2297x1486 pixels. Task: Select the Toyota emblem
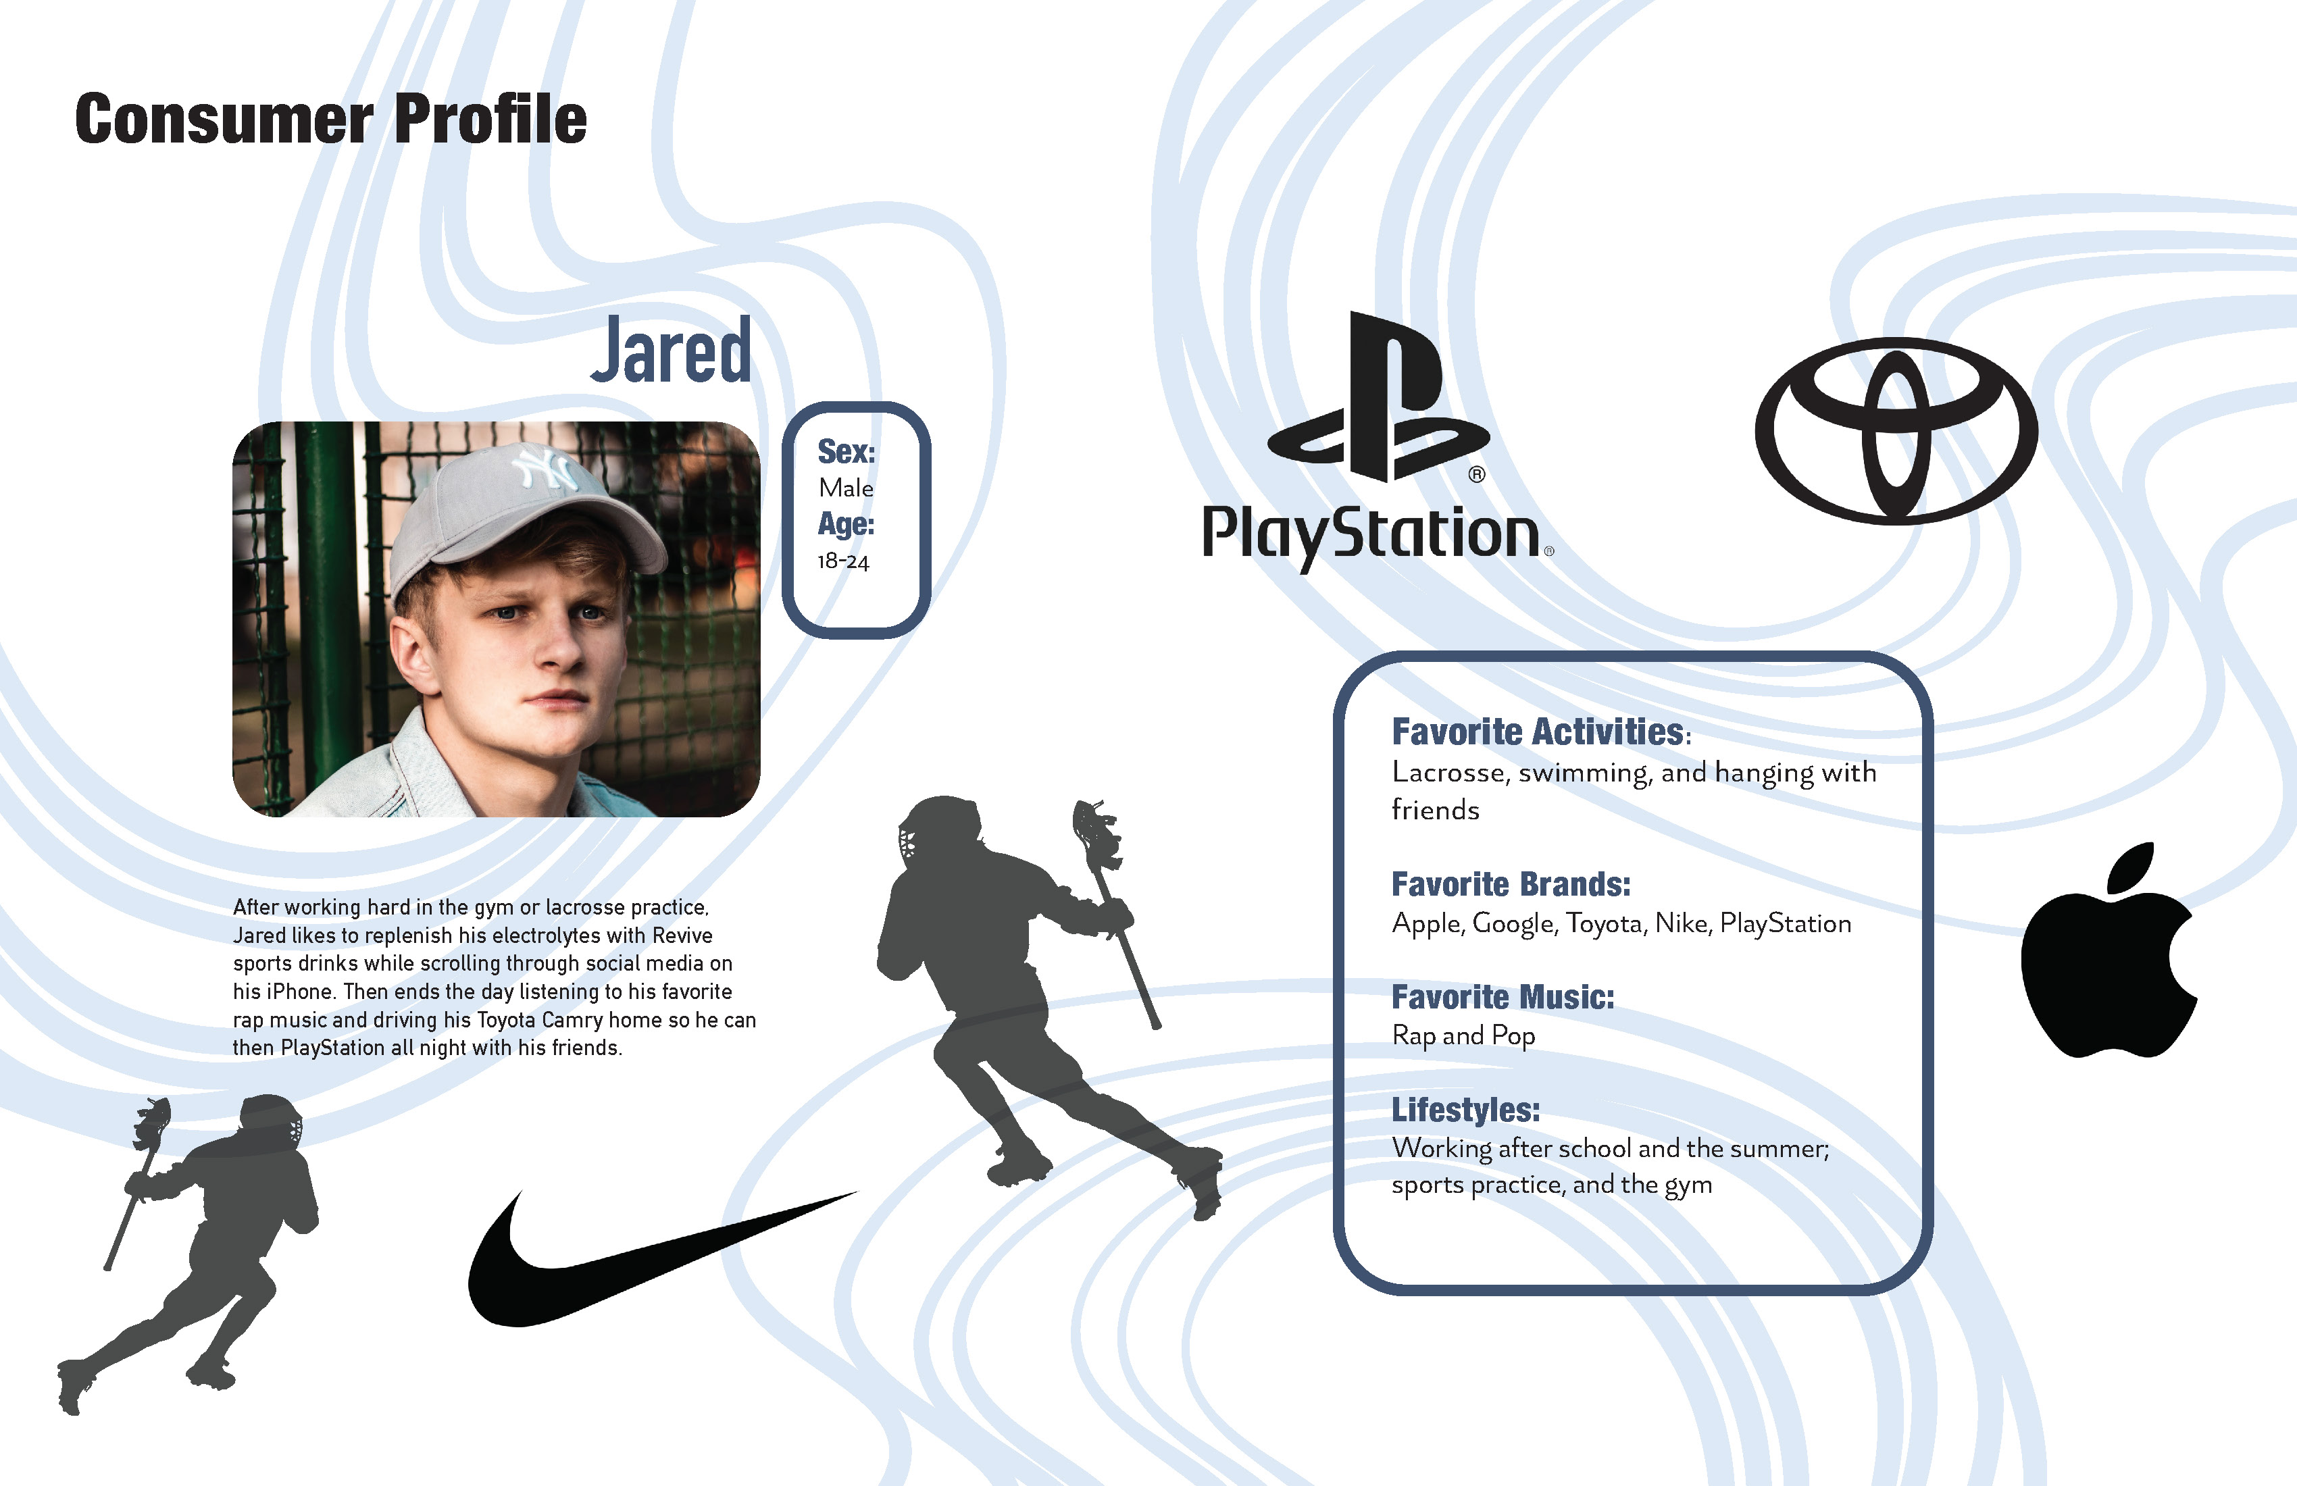pos(1896,432)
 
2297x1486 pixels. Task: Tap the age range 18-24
pos(842,561)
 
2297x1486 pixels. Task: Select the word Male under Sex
pos(845,488)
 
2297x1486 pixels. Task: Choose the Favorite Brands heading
pos(1511,885)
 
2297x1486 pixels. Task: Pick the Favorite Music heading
pos(1502,997)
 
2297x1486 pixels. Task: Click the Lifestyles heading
pos(1465,1110)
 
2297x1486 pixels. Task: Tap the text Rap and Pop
pos(1463,1035)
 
